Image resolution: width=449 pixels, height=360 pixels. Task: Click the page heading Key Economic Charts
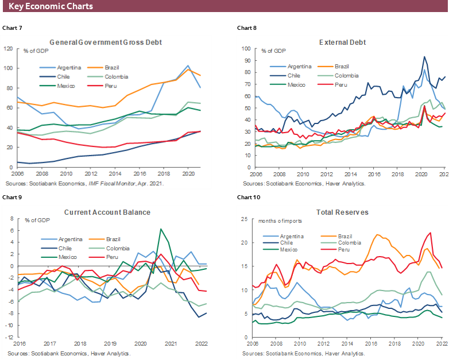point(51,7)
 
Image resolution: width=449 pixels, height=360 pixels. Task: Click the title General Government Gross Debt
point(106,42)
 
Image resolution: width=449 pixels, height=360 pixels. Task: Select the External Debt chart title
point(342,42)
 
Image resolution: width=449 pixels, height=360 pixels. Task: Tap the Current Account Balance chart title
point(106,212)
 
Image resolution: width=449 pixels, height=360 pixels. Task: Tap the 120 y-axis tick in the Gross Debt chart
point(9,48)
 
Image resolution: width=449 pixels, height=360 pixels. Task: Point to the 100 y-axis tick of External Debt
point(246,48)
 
